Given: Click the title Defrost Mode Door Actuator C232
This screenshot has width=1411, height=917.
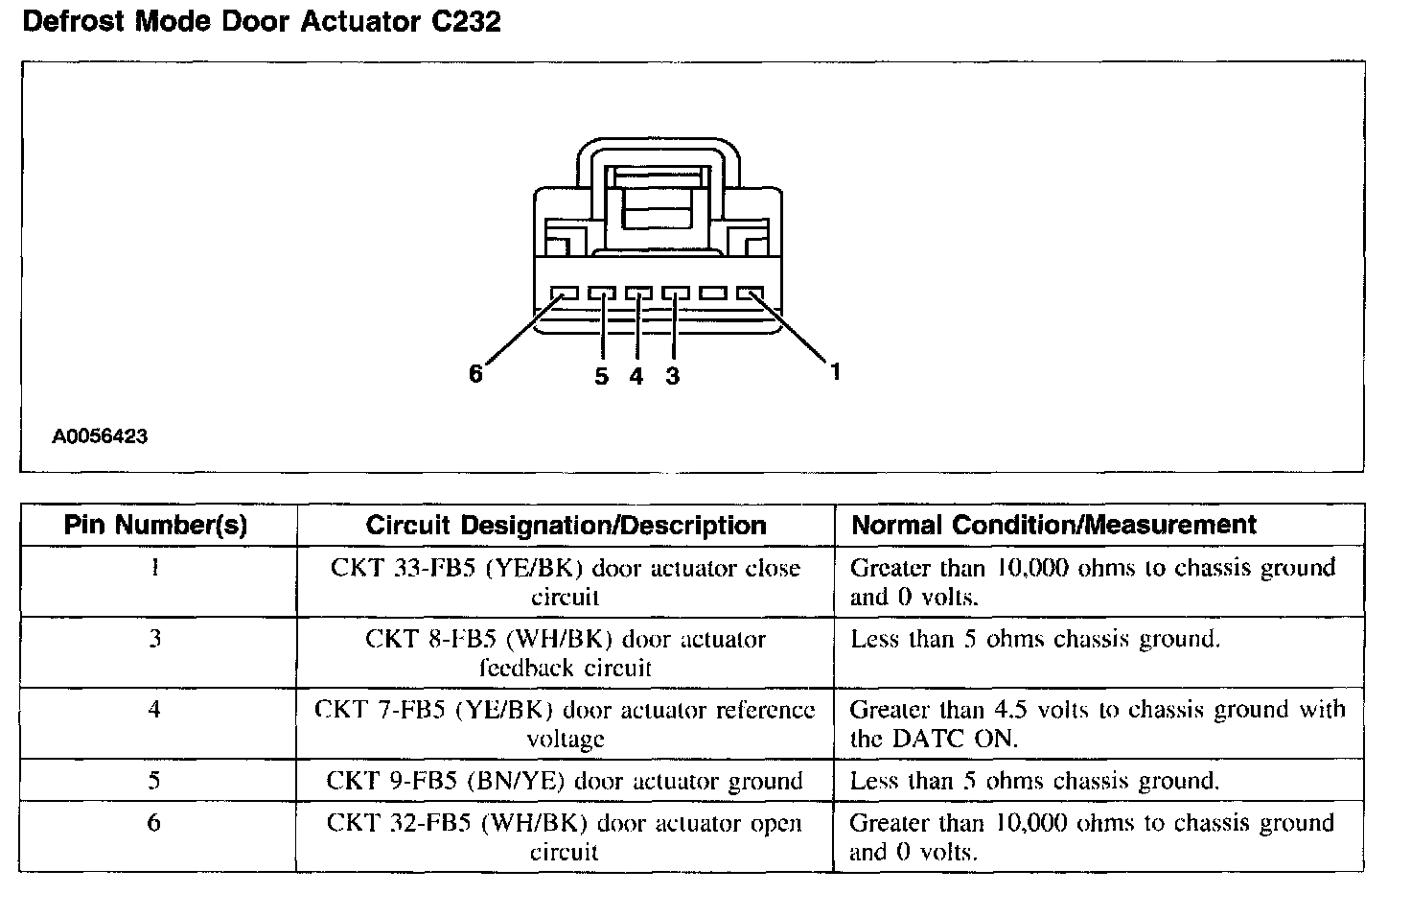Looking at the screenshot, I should click(x=261, y=21).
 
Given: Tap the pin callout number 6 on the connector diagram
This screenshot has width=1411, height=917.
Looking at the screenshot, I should click(x=476, y=374).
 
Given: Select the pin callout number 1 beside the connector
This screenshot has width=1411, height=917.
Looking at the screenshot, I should click(x=835, y=371).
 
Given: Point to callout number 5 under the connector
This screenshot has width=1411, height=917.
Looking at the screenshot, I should click(x=601, y=376).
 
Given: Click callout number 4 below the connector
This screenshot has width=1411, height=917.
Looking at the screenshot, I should click(x=636, y=376).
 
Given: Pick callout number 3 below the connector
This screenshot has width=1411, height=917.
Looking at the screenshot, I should click(x=672, y=376).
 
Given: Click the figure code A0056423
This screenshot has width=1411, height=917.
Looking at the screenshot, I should click(x=100, y=436).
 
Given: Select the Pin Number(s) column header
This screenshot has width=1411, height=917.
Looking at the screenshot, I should click(x=155, y=525).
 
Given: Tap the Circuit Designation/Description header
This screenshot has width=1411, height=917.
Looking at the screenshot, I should click(x=566, y=525).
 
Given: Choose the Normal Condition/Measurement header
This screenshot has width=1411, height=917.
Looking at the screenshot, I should click(x=1053, y=525).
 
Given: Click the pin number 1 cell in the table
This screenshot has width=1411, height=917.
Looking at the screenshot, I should click(x=155, y=568).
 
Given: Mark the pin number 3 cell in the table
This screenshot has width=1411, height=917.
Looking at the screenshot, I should click(x=155, y=639).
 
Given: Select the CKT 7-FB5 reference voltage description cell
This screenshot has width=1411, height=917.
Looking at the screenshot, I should click(x=565, y=724).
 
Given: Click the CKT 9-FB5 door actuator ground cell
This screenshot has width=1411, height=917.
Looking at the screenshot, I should click(x=565, y=781).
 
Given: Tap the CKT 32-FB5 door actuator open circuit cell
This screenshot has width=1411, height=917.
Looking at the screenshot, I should click(x=565, y=837).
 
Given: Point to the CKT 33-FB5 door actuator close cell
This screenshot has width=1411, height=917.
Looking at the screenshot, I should click(x=565, y=582).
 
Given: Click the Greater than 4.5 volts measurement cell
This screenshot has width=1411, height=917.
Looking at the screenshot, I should click(x=1098, y=724).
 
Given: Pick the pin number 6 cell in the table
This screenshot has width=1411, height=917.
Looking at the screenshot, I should click(x=155, y=823).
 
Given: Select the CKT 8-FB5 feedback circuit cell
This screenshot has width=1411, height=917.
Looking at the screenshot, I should click(x=565, y=653).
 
